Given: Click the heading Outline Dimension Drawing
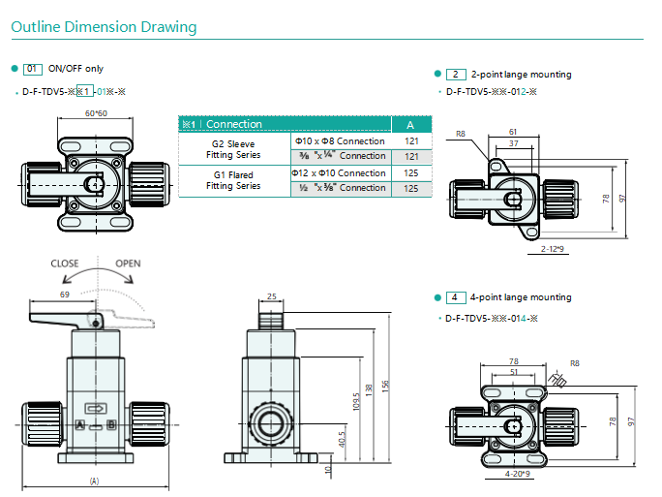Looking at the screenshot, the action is tap(104, 26).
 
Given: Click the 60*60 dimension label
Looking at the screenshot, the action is tap(96, 113).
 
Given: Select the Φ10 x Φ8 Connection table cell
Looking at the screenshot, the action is tap(341, 141).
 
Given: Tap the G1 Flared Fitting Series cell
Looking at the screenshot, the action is tap(233, 180).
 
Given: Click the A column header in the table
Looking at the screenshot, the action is tap(410, 125).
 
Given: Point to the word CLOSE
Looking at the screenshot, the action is tap(65, 264).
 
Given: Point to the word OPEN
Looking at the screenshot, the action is tap(128, 264).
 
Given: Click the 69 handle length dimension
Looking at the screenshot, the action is tap(65, 295).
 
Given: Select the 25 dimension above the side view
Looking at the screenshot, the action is tap(271, 296).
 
